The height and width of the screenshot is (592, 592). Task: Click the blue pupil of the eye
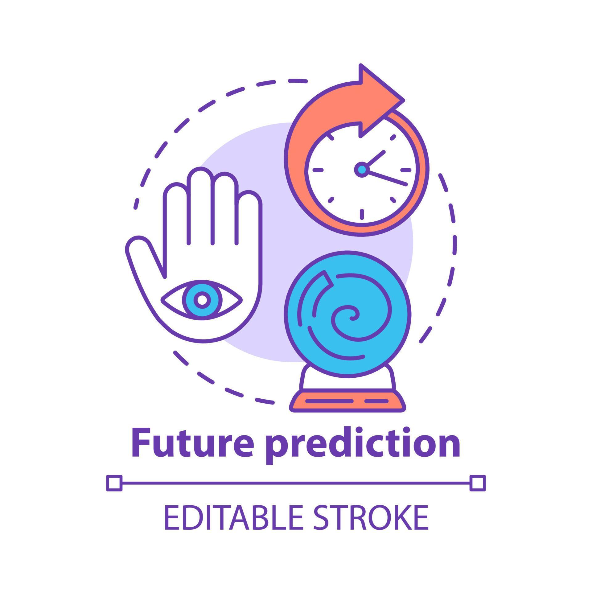tap(202, 299)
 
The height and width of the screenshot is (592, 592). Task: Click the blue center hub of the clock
tap(361, 169)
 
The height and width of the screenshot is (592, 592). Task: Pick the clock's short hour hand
tap(374, 158)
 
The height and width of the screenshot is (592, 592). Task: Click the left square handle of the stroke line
tap(114, 483)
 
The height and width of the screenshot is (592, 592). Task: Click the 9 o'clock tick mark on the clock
tap(318, 170)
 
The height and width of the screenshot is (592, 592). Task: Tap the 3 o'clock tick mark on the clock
tap(405, 170)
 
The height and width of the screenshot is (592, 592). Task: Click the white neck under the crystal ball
tap(347, 379)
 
